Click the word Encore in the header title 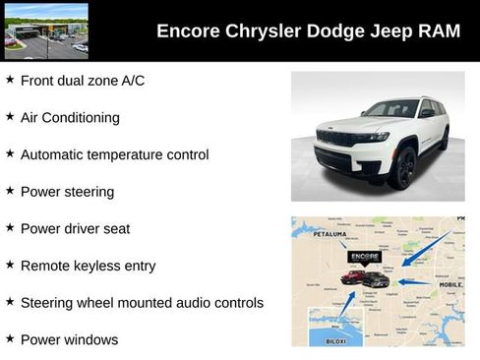pos(188,30)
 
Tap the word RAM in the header pos(438,30)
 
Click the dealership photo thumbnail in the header pos(45,30)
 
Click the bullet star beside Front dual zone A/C pos(10,80)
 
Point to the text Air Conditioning pos(70,117)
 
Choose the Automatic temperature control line pos(114,154)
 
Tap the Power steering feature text pos(67,191)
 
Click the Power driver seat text pos(75,228)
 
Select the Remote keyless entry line pos(88,266)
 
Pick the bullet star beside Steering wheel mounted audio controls pos(10,302)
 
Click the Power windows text pos(69,339)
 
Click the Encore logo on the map pos(364,257)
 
